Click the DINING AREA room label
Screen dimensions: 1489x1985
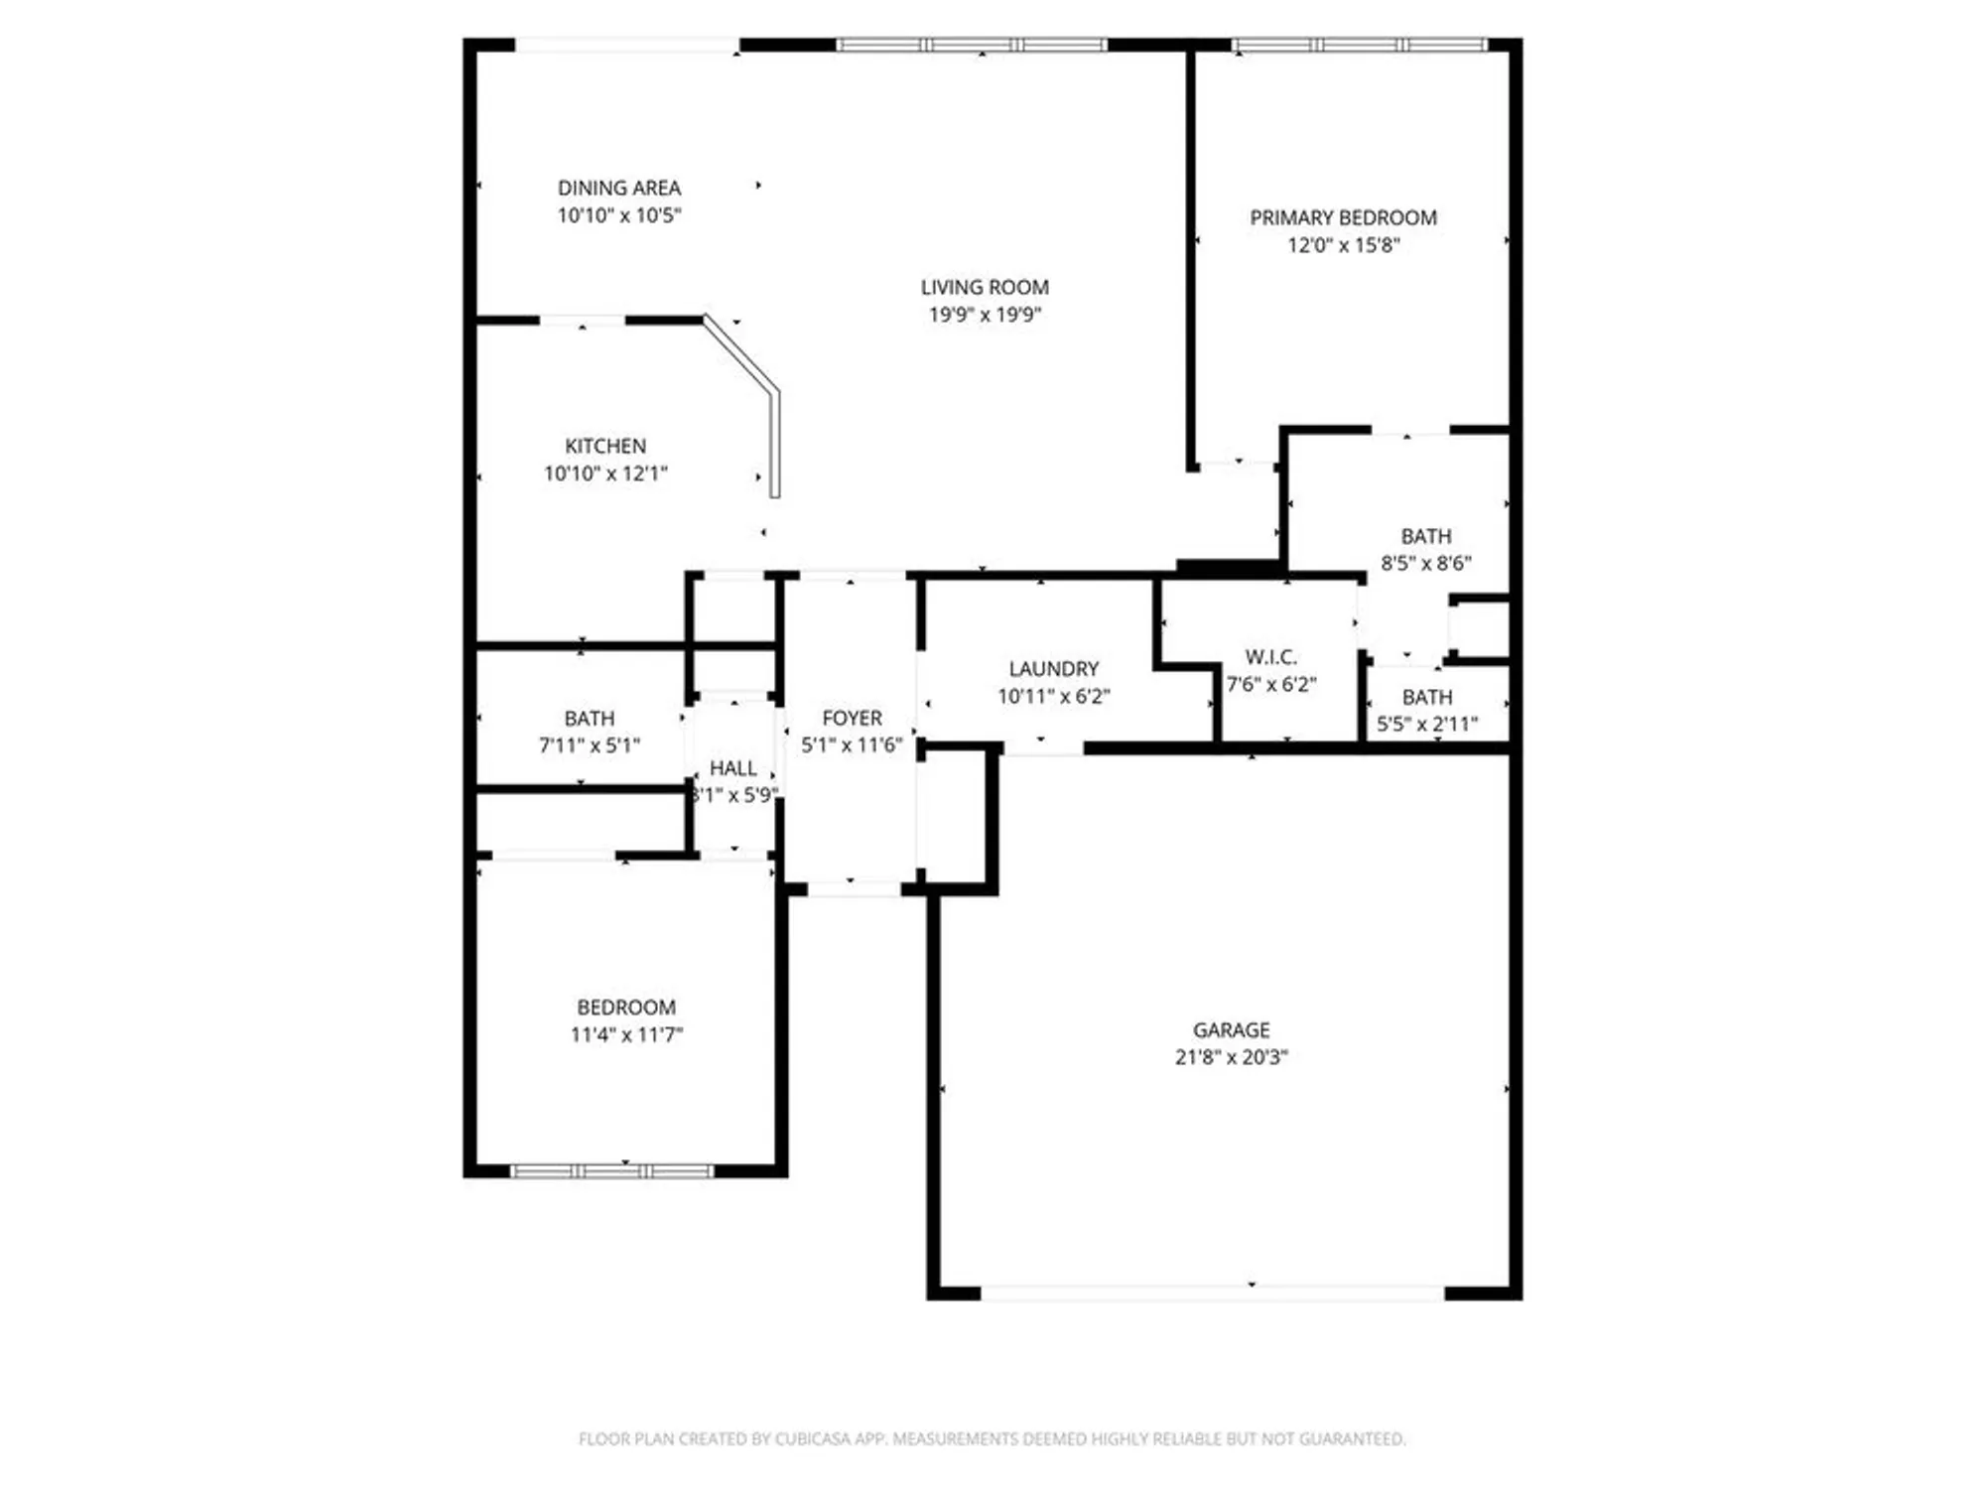point(618,188)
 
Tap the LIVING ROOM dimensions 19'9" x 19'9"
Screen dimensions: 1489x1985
point(984,315)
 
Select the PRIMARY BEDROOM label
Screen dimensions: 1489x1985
point(1343,217)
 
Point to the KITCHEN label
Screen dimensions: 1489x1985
point(605,446)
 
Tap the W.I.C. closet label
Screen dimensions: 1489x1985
point(1271,657)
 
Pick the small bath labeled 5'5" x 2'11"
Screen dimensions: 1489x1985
point(1426,710)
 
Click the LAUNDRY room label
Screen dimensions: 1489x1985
point(1053,669)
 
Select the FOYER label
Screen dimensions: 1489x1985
point(852,718)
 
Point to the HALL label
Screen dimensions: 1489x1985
point(733,768)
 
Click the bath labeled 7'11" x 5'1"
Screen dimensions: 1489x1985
point(589,732)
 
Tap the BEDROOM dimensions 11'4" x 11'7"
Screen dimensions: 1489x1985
point(626,1034)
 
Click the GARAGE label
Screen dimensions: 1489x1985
point(1231,1029)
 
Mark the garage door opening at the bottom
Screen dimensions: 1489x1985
point(1212,1293)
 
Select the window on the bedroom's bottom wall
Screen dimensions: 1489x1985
point(611,1171)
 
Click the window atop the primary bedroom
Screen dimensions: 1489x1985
point(1359,45)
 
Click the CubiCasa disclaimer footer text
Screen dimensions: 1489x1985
point(992,1438)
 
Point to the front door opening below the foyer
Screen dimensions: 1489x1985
point(854,889)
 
